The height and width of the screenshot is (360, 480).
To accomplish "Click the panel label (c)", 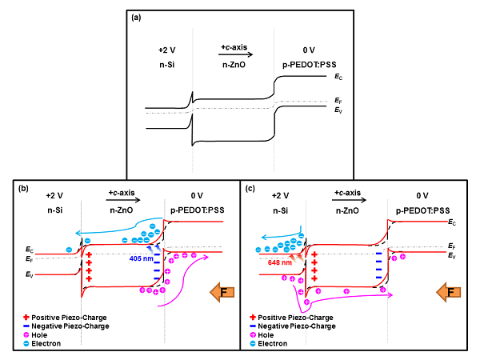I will click(x=251, y=189).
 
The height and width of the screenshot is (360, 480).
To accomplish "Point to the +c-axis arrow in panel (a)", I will click(x=237, y=54).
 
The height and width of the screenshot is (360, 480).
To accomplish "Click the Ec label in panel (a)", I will click(x=340, y=76).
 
